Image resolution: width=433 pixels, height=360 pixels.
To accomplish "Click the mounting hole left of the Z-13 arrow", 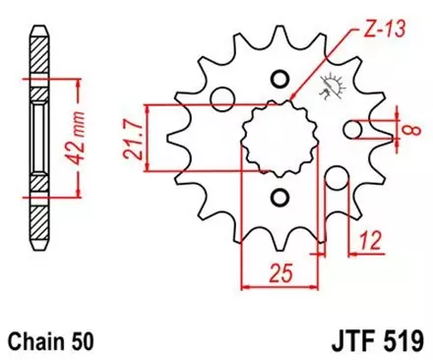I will [x=223, y=97].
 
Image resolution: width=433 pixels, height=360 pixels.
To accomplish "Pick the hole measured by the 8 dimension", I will [x=353, y=129].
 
